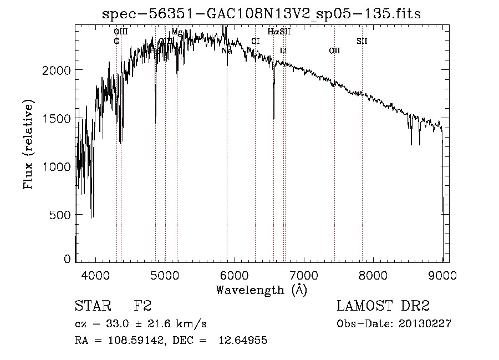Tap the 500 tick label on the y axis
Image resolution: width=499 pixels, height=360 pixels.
[x=60, y=214]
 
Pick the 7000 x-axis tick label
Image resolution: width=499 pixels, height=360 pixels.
[x=304, y=274]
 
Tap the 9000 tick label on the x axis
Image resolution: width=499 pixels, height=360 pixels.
[x=442, y=274]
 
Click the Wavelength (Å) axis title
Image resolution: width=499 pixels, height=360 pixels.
[x=261, y=289]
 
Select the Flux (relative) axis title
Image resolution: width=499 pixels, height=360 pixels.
[x=28, y=144]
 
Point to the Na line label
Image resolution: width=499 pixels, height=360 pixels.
[x=227, y=51]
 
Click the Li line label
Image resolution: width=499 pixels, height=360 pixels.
[x=283, y=51]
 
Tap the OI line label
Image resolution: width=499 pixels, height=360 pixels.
[x=255, y=41]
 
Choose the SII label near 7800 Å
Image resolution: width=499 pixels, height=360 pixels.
[x=361, y=41]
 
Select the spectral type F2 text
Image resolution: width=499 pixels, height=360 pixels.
[x=142, y=306]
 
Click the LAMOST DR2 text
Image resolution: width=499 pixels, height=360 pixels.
[x=383, y=306]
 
